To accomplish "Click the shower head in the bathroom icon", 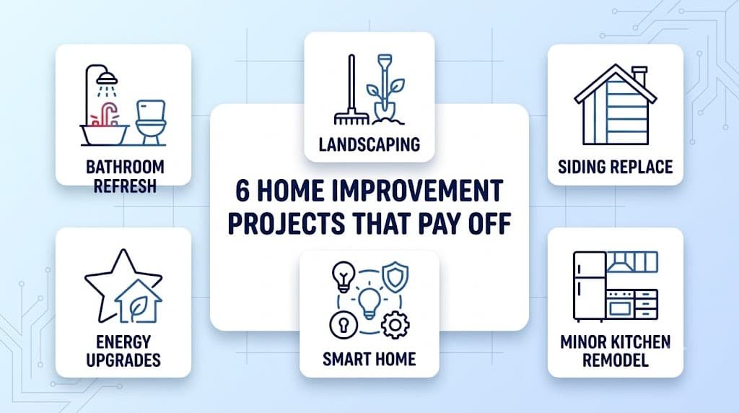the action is coord(109,78).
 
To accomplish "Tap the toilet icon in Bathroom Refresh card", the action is coord(151,122).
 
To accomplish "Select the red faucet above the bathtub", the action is coord(109,113).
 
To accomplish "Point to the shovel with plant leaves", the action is coord(385,90).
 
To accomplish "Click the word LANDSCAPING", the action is coord(369,144).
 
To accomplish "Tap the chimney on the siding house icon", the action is coord(639,77).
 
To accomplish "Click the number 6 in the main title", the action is coord(242,191).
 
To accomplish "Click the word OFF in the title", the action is coord(489,223).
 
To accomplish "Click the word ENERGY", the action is coord(123,342).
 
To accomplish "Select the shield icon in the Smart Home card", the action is coord(395,277).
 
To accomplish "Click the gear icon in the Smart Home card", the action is coord(395,325).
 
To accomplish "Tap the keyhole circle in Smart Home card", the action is coord(343,325).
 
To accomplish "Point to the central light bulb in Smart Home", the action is coord(369,303).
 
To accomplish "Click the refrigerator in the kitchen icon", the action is coord(589,286).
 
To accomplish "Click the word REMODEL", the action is coord(615,360).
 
